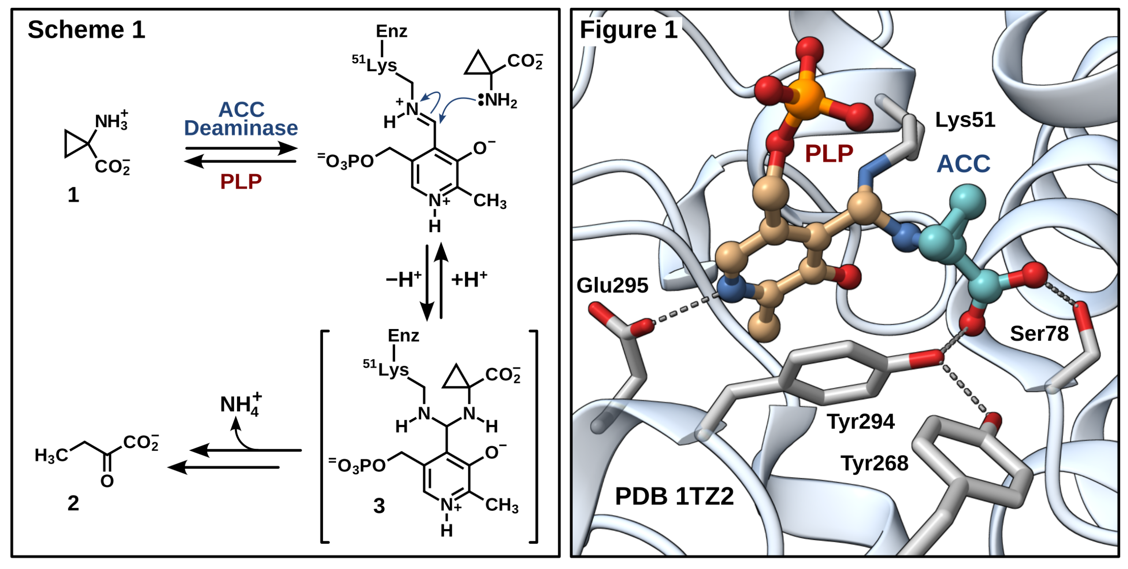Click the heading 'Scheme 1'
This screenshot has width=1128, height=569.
point(86,30)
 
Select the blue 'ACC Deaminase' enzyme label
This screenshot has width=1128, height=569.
point(241,119)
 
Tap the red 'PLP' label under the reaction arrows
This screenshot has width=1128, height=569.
point(241,181)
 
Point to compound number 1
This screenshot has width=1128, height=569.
point(73,195)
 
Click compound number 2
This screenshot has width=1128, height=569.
point(73,503)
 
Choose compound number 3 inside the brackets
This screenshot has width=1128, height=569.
point(379,506)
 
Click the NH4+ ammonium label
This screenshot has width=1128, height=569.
point(240,404)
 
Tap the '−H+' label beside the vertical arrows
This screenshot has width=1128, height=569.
point(403,279)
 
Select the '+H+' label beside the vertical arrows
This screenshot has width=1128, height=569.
point(469,279)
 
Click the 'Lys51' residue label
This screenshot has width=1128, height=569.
point(965,120)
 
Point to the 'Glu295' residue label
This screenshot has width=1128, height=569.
point(612,285)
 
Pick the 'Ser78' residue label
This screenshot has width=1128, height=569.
point(1039,333)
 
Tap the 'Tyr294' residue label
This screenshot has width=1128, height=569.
point(861,421)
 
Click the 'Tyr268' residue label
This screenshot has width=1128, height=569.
point(874,463)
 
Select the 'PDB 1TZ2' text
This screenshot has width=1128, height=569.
point(674,496)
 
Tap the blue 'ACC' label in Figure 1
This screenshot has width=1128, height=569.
point(963,164)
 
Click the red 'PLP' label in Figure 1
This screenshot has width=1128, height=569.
point(829,154)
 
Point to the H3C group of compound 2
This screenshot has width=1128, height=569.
point(51,455)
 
